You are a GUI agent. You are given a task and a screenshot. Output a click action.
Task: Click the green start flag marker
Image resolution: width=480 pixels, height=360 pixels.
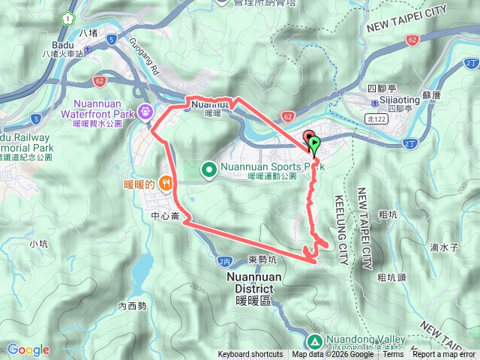pyautogui.click(x=313, y=142)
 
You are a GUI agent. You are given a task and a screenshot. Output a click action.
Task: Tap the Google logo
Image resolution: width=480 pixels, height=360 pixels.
pyautogui.click(x=28, y=350)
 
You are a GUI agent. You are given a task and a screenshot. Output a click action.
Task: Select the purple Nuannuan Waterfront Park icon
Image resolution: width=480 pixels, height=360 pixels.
pyautogui.click(x=145, y=110)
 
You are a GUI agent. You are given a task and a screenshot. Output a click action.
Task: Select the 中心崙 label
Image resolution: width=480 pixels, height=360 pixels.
pyautogui.click(x=164, y=216)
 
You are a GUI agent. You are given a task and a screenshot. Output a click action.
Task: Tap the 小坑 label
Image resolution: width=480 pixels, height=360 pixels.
pyautogui.click(x=38, y=243)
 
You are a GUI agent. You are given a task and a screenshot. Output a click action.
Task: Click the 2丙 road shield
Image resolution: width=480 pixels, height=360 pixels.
pyautogui.click(x=226, y=260)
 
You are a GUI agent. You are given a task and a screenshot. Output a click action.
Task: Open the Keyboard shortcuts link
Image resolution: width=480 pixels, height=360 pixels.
pyautogui.click(x=250, y=355)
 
